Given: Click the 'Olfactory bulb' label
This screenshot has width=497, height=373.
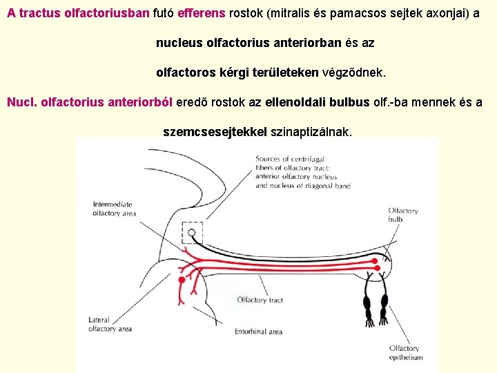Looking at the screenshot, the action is point(402,215).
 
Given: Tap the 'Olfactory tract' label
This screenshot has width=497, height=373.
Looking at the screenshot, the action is point(260,300).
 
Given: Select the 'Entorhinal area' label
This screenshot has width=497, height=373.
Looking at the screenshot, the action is point(258,332).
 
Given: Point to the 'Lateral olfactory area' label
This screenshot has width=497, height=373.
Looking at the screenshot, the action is point(110,325).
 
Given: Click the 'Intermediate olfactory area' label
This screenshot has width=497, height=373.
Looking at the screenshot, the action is point(114,209).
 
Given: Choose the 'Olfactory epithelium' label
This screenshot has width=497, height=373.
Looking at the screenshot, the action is point(405,353).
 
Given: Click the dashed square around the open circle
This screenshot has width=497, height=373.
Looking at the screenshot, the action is point(193,233).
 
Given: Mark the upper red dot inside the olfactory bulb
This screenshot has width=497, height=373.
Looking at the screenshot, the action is point(376,261).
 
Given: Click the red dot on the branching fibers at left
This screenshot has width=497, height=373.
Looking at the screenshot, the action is point(182,280).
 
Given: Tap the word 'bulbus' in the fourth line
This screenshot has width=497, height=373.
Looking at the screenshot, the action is point(349,102).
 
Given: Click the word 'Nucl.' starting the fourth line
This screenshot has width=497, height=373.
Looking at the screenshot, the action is point(21,102).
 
